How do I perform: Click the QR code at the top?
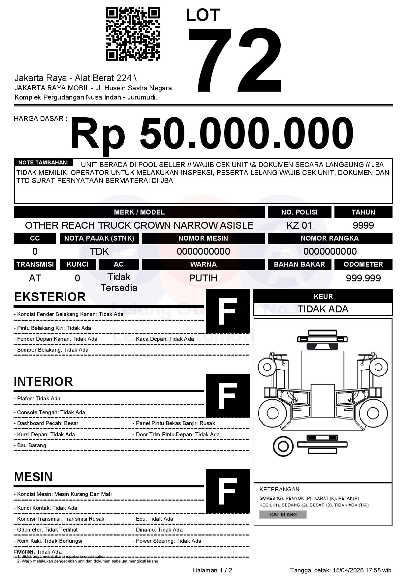pyautogui.click(x=133, y=34)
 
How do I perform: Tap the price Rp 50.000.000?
pyautogui.click(x=212, y=134)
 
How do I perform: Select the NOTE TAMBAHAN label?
pyautogui.click(x=43, y=162)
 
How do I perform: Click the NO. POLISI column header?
pyautogui.click(x=299, y=212)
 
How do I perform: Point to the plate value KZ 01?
pyautogui.click(x=299, y=225)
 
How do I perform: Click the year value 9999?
pyautogui.click(x=363, y=225)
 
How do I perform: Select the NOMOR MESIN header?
pyautogui.click(x=203, y=238)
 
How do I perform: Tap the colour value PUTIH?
pyautogui.click(x=203, y=278)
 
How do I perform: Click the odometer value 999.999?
pyautogui.click(x=363, y=278)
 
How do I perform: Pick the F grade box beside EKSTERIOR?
pyautogui.click(x=228, y=311)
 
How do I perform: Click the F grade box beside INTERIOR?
pyautogui.click(x=228, y=396)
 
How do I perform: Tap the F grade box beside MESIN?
pyautogui.click(x=228, y=491)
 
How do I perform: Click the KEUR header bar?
pyautogui.click(x=323, y=296)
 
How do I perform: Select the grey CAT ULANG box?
pyautogui.click(x=283, y=514)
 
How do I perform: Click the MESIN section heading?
pyautogui.click(x=33, y=477)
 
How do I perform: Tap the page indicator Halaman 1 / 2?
pyautogui.click(x=212, y=570)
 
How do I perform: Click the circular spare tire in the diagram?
pyautogui.click(x=283, y=446)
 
